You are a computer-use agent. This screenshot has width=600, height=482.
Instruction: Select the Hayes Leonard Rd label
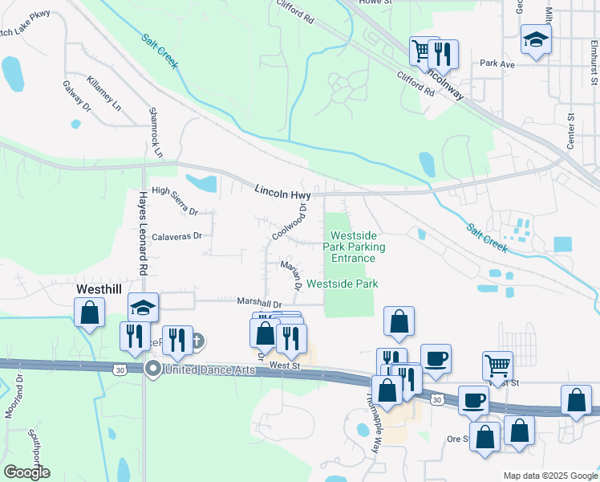(x=144, y=233)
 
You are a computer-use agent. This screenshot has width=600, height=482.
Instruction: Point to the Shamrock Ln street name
(x=156, y=132)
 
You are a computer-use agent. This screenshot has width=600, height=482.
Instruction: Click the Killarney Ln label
(x=104, y=94)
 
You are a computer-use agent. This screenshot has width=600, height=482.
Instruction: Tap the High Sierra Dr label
(x=174, y=200)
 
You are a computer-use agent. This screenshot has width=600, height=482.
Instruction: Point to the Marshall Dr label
(x=259, y=303)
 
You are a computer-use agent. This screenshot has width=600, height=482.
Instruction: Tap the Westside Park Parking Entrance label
(x=353, y=247)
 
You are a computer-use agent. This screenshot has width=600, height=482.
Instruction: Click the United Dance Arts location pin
(x=153, y=369)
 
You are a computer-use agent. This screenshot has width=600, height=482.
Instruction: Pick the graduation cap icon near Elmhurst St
(x=535, y=40)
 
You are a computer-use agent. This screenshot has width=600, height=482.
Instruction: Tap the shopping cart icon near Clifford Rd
(x=421, y=52)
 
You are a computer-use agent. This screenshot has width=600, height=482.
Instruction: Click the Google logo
(x=26, y=472)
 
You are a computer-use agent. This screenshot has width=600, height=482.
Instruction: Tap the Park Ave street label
(x=497, y=63)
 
